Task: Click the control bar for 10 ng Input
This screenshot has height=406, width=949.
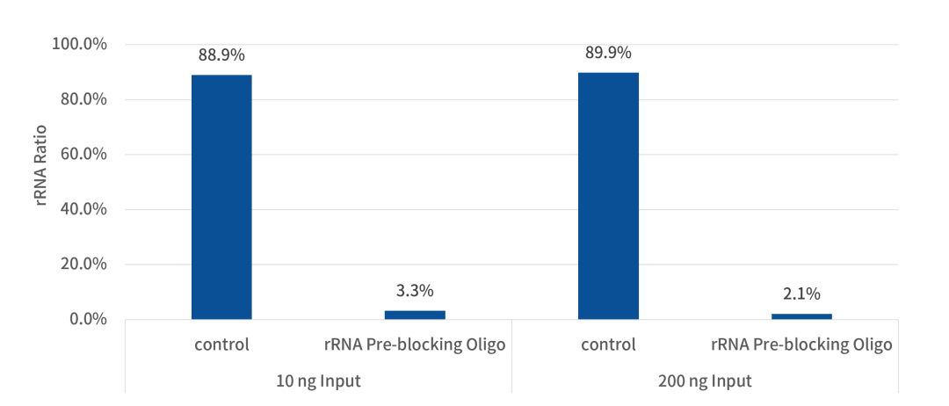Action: pos(221,197)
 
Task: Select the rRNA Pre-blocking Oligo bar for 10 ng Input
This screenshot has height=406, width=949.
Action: pos(415,315)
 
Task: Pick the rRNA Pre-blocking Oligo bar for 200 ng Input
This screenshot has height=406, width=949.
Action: pos(801,316)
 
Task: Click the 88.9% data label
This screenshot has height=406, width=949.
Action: pos(221,54)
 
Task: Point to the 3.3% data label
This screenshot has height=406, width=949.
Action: pos(415,291)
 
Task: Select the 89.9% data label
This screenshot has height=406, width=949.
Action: pos(608,53)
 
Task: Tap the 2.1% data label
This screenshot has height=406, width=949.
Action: pos(801,294)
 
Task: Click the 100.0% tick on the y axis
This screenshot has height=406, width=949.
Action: pos(79,45)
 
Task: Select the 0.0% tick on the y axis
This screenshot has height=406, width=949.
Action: pos(86,319)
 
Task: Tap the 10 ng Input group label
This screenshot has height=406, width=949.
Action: pos(318,381)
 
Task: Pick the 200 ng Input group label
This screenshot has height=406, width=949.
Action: pos(705,381)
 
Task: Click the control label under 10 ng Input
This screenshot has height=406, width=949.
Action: pos(221,344)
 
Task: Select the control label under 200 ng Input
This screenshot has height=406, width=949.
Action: pos(608,344)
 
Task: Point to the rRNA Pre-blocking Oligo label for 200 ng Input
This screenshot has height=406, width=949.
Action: pos(801,344)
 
